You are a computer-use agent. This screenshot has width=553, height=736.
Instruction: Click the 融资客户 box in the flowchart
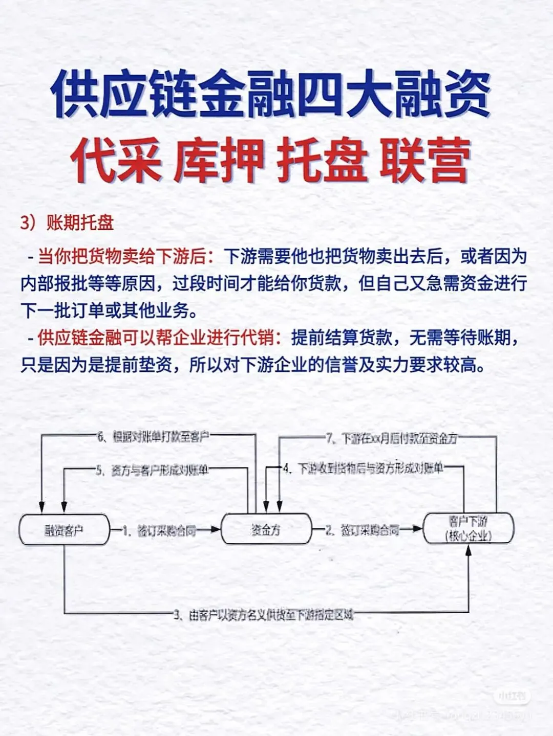pos(64,530)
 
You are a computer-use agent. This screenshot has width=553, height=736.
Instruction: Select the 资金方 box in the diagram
pos(266,529)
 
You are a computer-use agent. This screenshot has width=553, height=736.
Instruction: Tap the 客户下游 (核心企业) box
pos(468,529)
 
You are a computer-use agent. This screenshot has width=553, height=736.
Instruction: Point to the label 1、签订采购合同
pos(160,530)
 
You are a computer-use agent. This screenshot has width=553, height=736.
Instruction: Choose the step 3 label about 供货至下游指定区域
pos(264,614)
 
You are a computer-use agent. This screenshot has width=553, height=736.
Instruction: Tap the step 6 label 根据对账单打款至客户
pos(153,436)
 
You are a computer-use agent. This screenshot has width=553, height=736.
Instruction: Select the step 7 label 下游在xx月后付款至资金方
pos(391,438)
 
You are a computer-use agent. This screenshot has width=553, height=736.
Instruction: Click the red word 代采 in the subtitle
pos(116,161)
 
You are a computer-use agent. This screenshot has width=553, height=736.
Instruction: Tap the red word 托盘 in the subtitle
pos(322,161)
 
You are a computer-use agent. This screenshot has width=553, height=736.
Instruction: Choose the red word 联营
pos(425,161)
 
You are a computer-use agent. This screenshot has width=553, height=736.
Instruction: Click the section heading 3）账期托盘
pos(67,223)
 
